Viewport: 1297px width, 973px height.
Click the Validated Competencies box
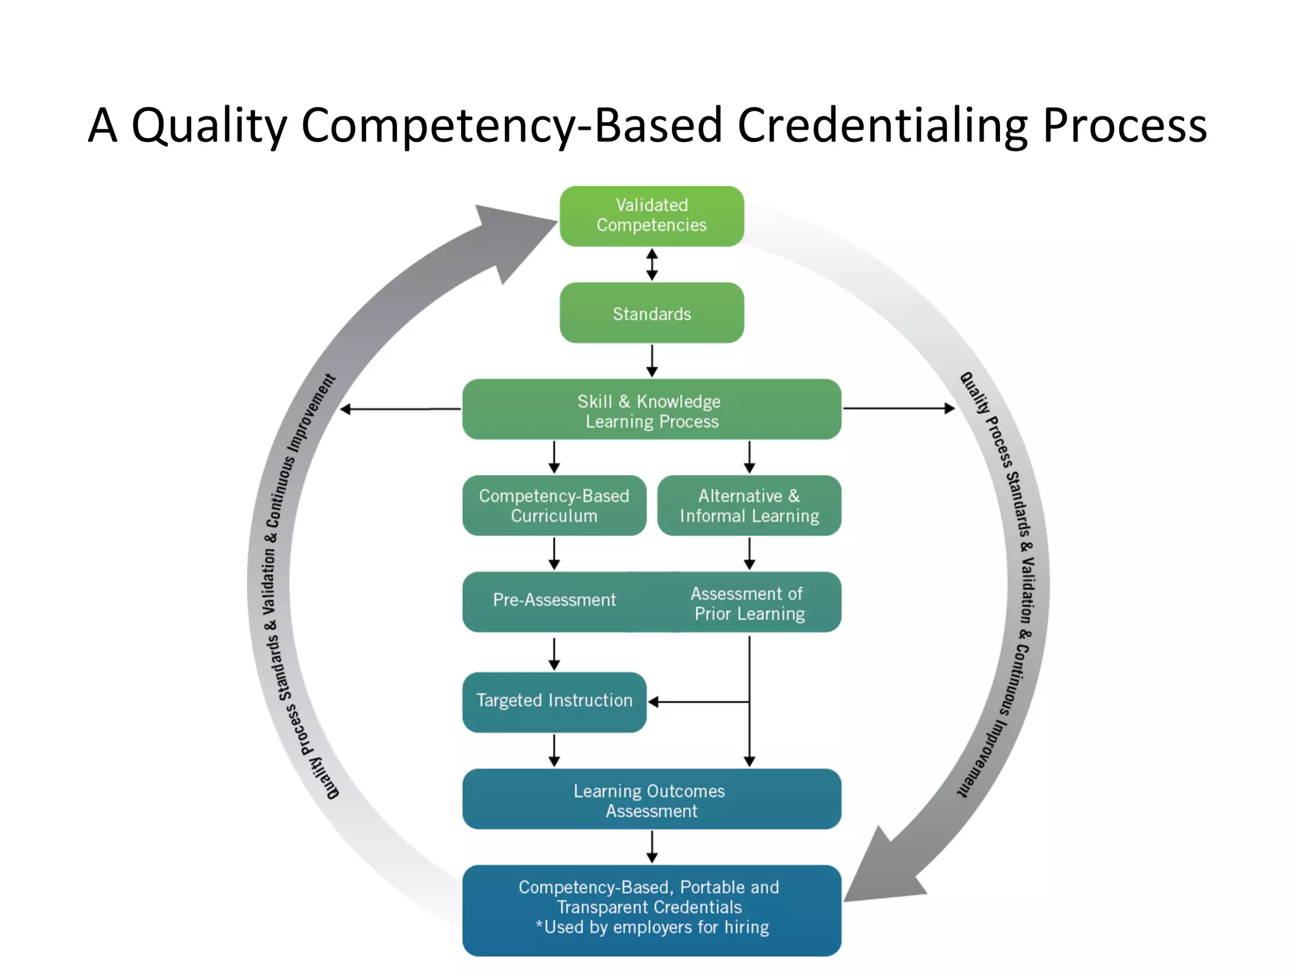[652, 215]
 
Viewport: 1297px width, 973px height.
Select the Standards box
[652, 313]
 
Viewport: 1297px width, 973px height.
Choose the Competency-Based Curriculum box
[554, 506]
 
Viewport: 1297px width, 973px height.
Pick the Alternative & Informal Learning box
[749, 506]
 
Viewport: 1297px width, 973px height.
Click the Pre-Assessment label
[554, 600]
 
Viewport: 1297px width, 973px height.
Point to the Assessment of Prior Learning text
[749, 604]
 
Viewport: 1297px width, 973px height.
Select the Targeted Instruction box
[554, 701]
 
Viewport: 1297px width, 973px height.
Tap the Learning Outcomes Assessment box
[652, 800]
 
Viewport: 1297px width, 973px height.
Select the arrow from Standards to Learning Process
[652, 360]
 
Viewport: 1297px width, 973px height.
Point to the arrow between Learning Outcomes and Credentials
[652, 847]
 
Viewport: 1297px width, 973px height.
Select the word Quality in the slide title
[209, 125]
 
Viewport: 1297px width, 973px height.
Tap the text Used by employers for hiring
[655, 927]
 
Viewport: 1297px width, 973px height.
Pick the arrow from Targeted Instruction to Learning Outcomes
[554, 751]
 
